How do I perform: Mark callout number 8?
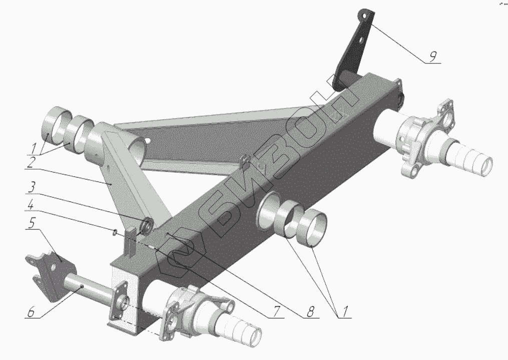(311, 312)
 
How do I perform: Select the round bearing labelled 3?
(148, 224)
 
